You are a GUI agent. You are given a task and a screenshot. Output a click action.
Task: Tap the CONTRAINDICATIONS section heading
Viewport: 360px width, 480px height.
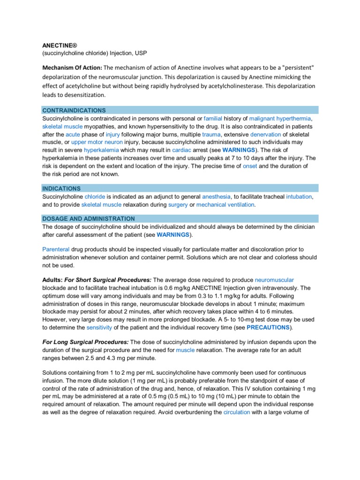pos(74,110)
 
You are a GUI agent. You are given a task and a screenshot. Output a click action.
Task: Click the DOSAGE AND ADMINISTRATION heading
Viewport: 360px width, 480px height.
pos(89,219)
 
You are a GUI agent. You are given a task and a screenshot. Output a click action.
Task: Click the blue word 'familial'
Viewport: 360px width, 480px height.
pos(213,119)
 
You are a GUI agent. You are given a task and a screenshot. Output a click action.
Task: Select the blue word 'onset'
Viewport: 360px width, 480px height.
pos(250,166)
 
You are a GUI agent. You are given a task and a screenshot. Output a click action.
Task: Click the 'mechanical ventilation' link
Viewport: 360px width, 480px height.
pos(225,205)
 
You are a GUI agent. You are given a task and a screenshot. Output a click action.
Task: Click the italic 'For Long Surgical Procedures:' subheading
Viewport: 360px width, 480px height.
pos(85,342)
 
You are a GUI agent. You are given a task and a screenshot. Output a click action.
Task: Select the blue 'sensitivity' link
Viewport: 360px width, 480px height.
pos(100,327)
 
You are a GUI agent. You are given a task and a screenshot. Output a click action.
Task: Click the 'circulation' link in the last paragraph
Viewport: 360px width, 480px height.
pos(237,412)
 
